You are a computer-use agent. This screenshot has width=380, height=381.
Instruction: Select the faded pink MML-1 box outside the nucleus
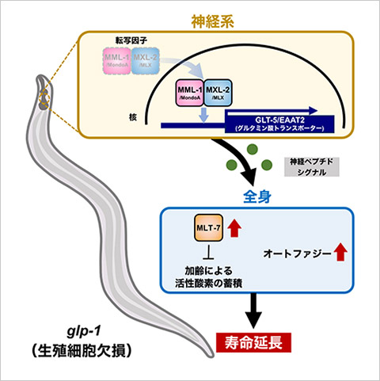pos(120,59)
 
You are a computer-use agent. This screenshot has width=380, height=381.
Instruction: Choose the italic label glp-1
pos(82,330)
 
